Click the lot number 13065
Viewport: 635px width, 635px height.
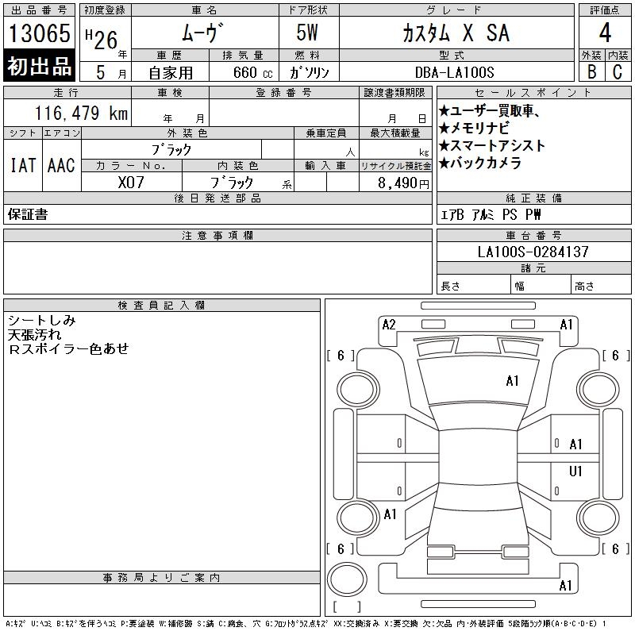pyautogui.click(x=40, y=34)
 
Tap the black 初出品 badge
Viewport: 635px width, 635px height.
pyautogui.click(x=40, y=67)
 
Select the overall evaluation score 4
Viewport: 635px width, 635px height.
pyautogui.click(x=605, y=34)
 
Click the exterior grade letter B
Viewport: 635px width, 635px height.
pyautogui.click(x=591, y=72)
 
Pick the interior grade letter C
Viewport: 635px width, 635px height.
pyautogui.click(x=618, y=72)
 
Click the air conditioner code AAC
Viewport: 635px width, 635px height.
pyautogui.click(x=61, y=166)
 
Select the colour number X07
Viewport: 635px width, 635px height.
pyautogui.click(x=131, y=183)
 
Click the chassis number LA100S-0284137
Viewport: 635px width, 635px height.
pyautogui.click(x=533, y=252)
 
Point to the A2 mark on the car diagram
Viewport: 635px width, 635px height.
pyautogui.click(x=389, y=325)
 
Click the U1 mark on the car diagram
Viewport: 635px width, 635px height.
pyautogui.click(x=576, y=471)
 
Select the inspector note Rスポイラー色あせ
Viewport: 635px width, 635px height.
pyautogui.click(x=68, y=349)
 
